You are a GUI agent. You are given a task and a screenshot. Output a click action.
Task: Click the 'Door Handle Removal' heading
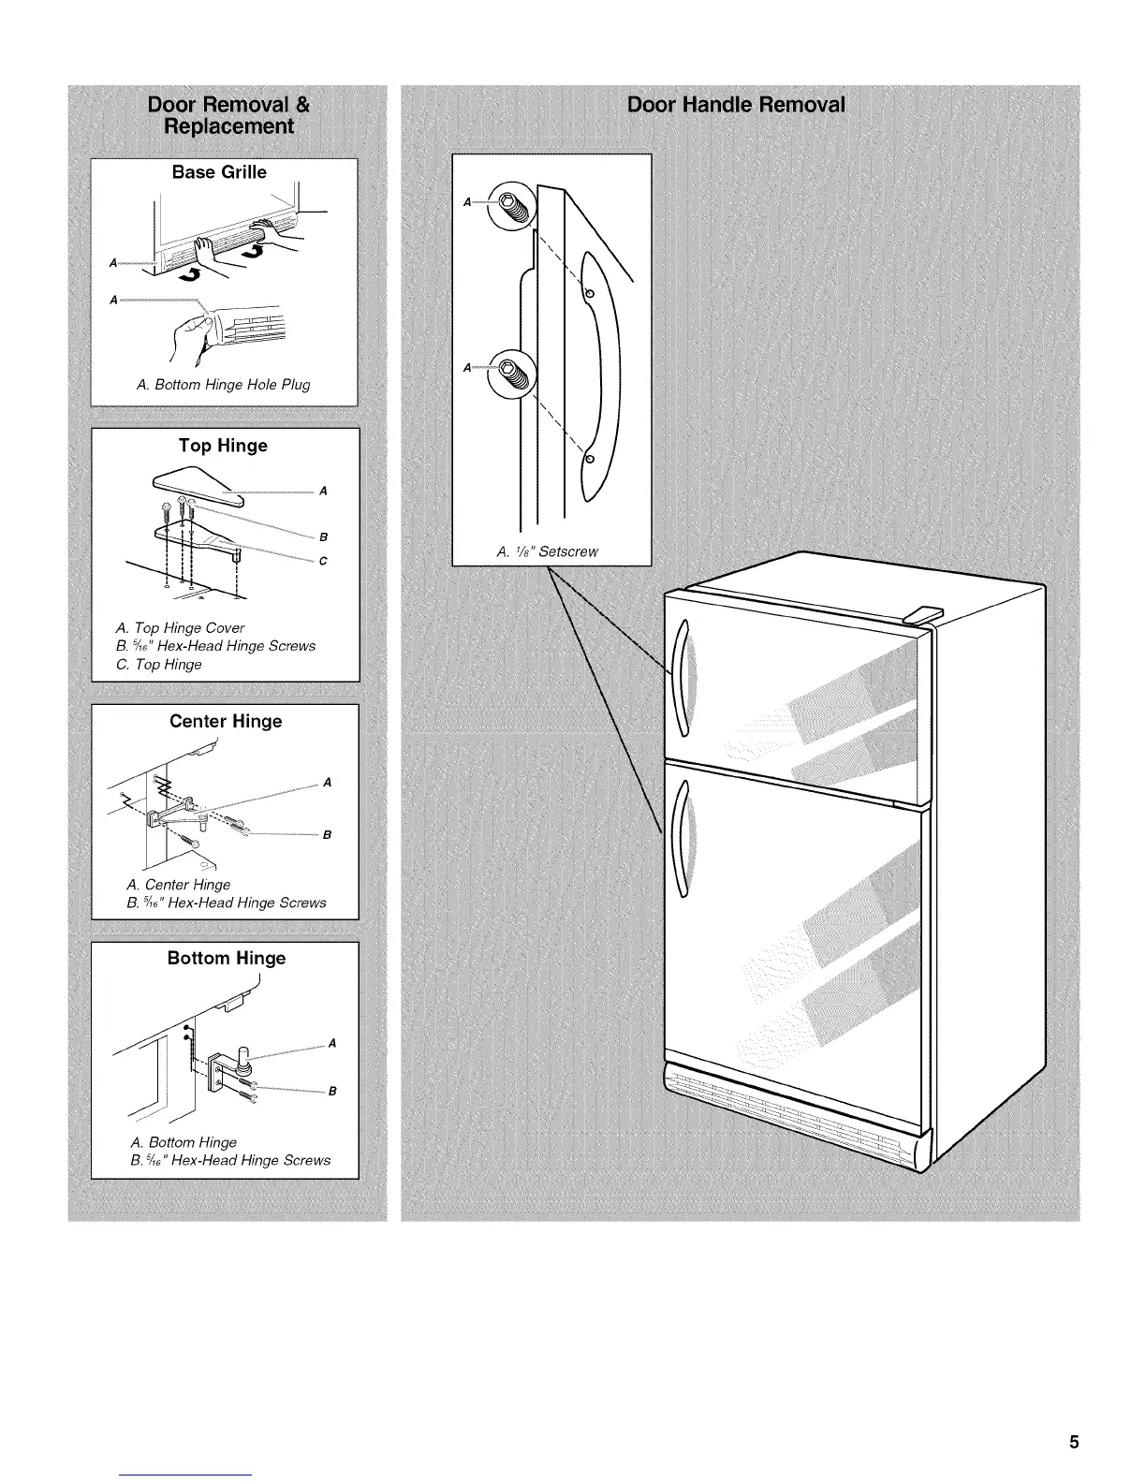pos(736,104)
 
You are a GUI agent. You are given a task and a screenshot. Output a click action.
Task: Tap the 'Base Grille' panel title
pos(219,172)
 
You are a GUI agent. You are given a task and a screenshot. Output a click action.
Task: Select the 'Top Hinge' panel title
pos(223,446)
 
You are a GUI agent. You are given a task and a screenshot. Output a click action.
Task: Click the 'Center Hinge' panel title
pos(225,721)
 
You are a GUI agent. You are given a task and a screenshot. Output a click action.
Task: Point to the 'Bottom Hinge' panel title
pos(226,958)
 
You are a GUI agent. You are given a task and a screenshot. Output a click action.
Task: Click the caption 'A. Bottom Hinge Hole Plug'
pos(223,385)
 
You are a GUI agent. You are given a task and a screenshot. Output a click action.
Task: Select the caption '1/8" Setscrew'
pos(548,551)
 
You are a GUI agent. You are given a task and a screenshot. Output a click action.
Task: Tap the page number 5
pos(1075,1442)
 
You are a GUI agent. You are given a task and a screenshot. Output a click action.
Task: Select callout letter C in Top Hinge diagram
pos(322,562)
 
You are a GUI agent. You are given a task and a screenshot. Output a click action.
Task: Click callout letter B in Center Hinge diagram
pos(327,835)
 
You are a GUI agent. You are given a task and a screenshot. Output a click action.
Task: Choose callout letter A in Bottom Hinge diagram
pos(331,1044)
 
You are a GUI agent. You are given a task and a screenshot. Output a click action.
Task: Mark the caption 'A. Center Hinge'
pos(178,885)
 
